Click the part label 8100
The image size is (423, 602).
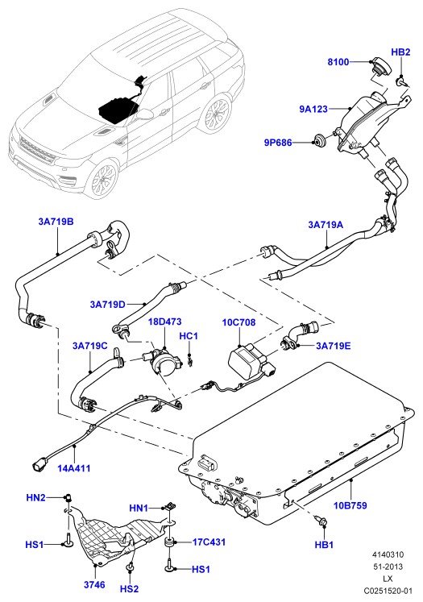tap(338, 62)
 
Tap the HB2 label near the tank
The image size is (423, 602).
tap(400, 52)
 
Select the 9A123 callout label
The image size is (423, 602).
tap(313, 109)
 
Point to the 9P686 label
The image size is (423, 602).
tap(278, 143)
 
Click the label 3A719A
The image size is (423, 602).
tap(326, 225)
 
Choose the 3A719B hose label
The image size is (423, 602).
tap(56, 222)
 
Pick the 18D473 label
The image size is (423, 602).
tap(165, 322)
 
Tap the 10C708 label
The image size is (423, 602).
tap(238, 322)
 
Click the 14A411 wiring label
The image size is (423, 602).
tap(73, 468)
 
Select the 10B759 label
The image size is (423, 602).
tap(350, 505)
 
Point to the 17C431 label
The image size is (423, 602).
tap(209, 542)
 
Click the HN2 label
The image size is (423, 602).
tap(35, 497)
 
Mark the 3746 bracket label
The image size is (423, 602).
tap(94, 585)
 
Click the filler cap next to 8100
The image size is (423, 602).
tap(378, 68)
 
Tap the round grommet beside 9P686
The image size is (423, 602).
tap(319, 140)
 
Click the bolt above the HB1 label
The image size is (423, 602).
tap(321, 521)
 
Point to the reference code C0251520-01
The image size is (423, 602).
tap(388, 591)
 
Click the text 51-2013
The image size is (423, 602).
tap(388, 567)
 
